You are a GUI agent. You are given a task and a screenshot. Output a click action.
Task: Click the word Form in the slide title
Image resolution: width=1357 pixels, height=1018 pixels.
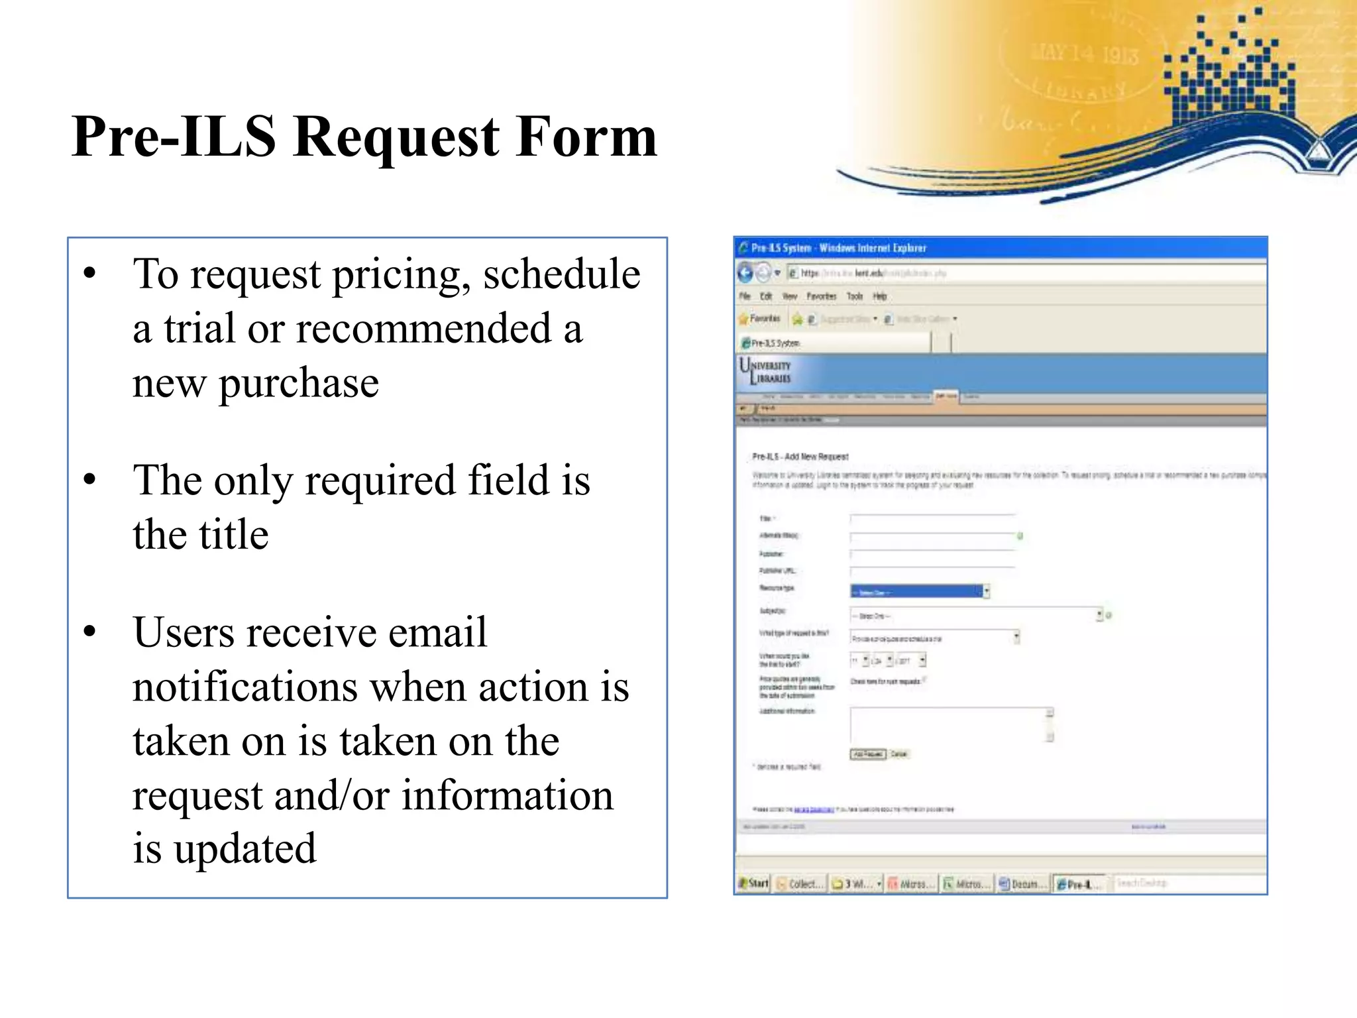click(x=586, y=137)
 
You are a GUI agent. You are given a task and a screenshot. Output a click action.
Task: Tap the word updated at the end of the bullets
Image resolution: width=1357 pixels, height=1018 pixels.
click(x=245, y=848)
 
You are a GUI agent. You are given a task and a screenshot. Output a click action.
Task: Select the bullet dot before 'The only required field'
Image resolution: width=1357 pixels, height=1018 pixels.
click(x=90, y=480)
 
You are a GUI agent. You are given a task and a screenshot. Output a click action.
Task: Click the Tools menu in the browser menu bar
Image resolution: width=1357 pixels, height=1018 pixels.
click(x=855, y=296)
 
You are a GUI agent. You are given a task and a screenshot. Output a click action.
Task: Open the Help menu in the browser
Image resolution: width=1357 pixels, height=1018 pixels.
click(x=880, y=296)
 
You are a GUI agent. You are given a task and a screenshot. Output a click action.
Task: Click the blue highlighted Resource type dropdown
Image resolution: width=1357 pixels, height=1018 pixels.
click(x=916, y=592)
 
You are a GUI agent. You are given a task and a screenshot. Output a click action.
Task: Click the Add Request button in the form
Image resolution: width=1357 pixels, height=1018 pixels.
click(x=868, y=754)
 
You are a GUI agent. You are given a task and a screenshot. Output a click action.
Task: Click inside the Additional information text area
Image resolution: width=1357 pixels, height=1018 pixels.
click(x=948, y=725)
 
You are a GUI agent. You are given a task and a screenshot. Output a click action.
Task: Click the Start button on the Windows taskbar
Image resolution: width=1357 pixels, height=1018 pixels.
click(x=754, y=883)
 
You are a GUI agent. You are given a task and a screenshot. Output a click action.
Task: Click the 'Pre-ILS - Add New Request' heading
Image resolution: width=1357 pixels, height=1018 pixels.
click(x=800, y=457)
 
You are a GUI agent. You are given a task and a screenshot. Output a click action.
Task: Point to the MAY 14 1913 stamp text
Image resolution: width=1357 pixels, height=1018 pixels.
click(x=1085, y=52)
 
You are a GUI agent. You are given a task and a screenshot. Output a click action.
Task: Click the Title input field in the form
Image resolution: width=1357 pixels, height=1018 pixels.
click(x=932, y=518)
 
